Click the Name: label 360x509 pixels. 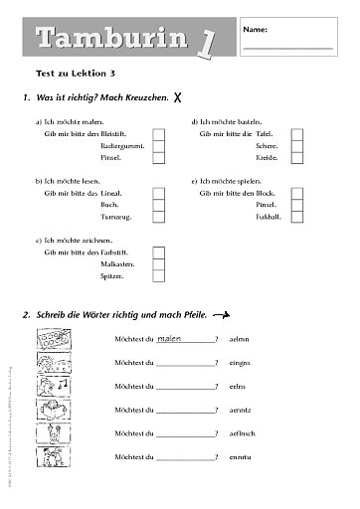(x=255, y=31)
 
